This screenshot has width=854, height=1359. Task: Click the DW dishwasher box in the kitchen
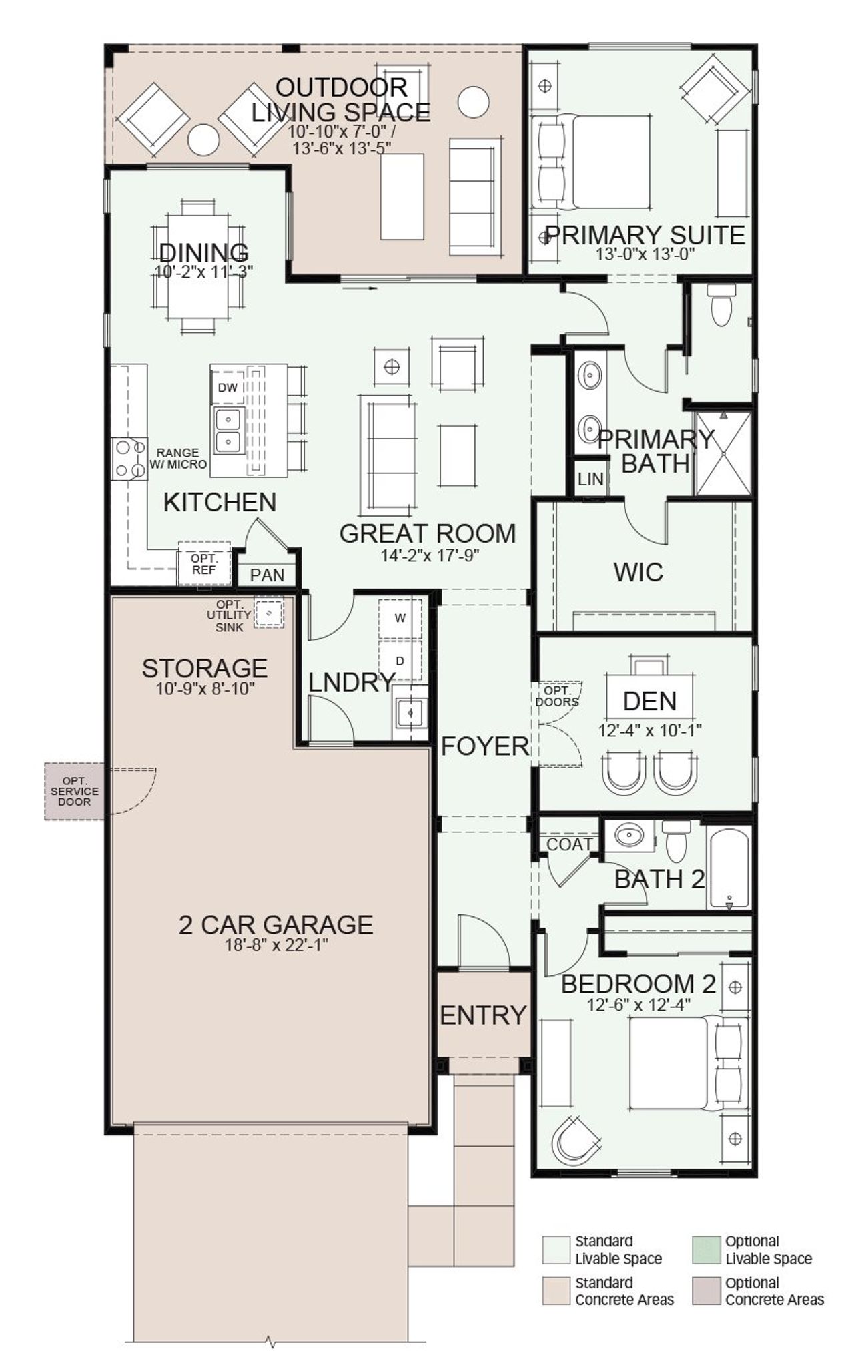(228, 388)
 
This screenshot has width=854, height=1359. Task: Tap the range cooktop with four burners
(129, 458)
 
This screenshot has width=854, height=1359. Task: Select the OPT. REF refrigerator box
(203, 564)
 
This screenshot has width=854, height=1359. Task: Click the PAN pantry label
(267, 575)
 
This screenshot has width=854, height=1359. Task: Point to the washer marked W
(400, 618)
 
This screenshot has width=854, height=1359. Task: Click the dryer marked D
(400, 661)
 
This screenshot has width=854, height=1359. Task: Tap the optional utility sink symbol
(270, 611)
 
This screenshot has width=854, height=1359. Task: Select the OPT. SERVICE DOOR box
(74, 791)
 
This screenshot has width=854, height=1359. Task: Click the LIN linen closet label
(590, 479)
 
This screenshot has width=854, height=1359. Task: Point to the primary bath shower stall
(723, 453)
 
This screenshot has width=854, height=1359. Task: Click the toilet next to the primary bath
(721, 306)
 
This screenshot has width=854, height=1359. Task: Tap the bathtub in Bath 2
(729, 868)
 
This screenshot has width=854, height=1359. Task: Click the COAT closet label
(569, 844)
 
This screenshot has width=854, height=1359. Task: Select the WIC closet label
(638, 572)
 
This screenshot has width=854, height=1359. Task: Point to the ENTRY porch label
(483, 1015)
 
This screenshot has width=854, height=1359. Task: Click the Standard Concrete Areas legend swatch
(556, 1290)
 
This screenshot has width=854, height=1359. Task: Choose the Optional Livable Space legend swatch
(706, 1249)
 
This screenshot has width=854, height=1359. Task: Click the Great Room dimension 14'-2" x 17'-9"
(430, 555)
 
